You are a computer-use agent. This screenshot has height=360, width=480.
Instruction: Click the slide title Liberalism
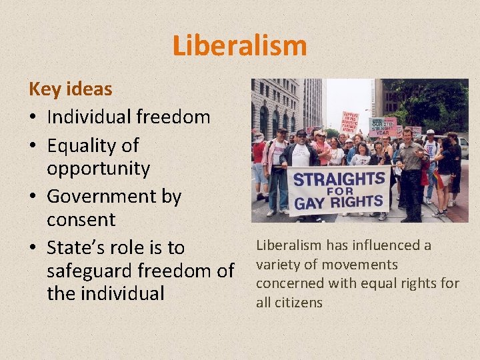239,45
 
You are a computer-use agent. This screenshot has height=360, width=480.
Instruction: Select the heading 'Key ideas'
70,89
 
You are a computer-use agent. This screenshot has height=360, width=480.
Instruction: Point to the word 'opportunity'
98,169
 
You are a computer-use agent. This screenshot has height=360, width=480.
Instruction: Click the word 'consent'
81,219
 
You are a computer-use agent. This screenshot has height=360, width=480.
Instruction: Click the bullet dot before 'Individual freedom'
33,118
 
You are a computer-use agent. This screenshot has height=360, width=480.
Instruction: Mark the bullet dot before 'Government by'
33,197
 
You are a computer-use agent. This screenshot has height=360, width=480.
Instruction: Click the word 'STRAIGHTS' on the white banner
340,179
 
